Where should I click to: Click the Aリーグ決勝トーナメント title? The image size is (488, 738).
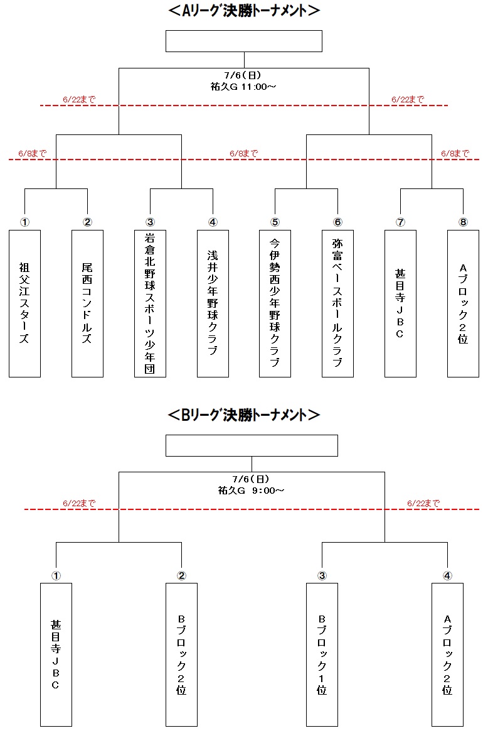(244, 10)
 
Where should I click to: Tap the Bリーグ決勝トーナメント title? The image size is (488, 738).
(244, 415)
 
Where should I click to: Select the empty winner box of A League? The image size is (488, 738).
(244, 41)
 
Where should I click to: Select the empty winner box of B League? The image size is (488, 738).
(252, 446)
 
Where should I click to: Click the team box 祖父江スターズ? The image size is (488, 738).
(24, 303)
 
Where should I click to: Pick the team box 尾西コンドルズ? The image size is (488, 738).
(87, 303)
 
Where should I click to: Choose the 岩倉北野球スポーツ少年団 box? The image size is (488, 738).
(150, 303)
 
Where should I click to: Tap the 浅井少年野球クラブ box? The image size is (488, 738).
(213, 303)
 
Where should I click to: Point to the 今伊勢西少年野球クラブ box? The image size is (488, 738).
(275, 303)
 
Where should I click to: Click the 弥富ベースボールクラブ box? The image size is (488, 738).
(337, 303)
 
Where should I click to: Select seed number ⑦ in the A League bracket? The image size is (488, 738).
(401, 222)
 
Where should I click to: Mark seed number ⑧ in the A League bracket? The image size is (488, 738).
(463, 222)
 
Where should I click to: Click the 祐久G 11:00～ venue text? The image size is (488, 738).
(243, 87)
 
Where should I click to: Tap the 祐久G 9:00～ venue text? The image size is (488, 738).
(252, 491)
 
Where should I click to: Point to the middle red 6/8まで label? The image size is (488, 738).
(244, 153)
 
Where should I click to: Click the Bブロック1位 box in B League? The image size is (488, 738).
(322, 654)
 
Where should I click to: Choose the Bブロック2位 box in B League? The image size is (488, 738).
(181, 654)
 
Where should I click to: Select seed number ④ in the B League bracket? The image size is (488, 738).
(447, 575)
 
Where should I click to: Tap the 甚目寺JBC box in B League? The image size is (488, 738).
(56, 654)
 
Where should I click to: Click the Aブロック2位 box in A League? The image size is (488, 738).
(463, 303)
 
